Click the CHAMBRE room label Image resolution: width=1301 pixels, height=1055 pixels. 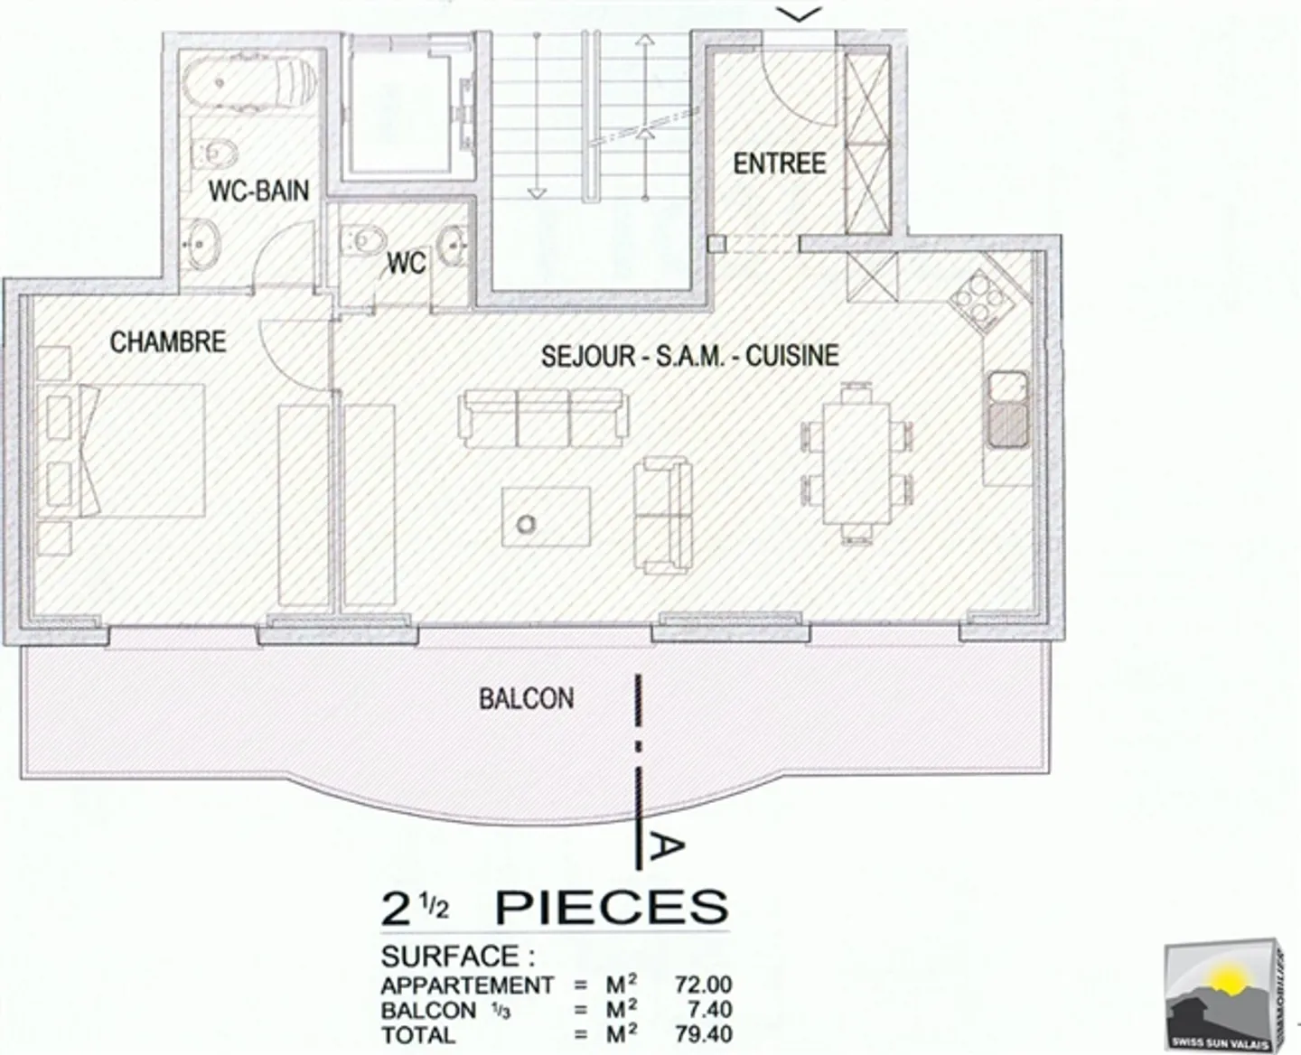point(167,342)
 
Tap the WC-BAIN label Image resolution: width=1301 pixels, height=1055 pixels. point(258,191)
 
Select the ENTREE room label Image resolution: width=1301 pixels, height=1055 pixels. point(779,163)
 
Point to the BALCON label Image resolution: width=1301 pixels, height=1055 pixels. point(526,698)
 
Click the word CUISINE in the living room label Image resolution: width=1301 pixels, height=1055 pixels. point(792,356)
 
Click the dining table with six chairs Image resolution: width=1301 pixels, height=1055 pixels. point(855,463)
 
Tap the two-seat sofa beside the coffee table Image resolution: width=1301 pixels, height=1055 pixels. point(663,516)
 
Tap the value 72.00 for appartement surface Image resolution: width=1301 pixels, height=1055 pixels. point(703,985)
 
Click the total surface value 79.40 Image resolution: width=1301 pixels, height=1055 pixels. point(703,1034)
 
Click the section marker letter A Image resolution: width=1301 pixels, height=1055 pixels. point(668,845)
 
